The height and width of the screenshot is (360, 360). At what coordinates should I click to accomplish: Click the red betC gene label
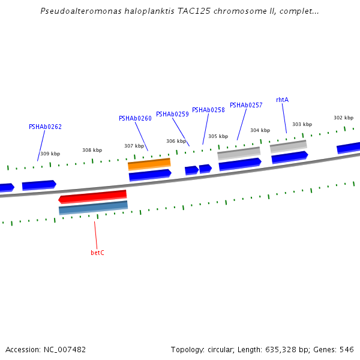(x=97, y=253)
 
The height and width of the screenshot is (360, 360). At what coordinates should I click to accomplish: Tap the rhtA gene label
(x=282, y=100)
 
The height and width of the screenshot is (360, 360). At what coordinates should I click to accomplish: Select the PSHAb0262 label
(x=45, y=127)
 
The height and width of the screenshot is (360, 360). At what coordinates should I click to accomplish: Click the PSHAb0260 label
(x=135, y=118)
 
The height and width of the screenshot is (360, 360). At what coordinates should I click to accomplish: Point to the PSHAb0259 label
(x=172, y=114)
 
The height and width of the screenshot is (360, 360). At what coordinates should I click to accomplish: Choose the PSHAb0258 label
(x=208, y=110)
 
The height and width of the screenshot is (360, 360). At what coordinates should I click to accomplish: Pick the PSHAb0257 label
(x=246, y=105)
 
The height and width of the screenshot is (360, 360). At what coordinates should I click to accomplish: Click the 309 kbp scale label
(x=50, y=154)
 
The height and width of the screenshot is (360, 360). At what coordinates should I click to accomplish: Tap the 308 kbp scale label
(x=92, y=150)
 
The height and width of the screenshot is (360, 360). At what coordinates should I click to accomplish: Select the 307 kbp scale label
(x=134, y=146)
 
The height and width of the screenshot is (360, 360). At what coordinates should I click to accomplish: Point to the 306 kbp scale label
(x=176, y=141)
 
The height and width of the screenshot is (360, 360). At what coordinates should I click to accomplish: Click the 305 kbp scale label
(x=218, y=136)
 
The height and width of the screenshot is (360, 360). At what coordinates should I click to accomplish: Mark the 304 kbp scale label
(x=260, y=130)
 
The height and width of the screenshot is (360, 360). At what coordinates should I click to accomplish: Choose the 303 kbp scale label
(x=302, y=124)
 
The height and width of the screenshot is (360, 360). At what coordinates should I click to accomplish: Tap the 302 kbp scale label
(x=343, y=118)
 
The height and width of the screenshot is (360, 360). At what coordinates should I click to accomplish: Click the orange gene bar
(x=149, y=164)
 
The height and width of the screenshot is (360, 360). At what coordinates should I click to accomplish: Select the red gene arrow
(x=92, y=196)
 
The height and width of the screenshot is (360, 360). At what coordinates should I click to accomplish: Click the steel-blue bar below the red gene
(x=93, y=208)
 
